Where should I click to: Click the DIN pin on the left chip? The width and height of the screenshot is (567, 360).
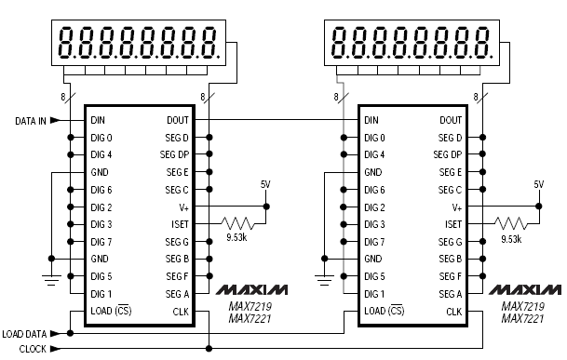click(x=98, y=120)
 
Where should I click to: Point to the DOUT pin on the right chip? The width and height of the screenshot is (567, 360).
click(x=450, y=120)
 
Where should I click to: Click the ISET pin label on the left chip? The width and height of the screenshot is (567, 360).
click(x=181, y=224)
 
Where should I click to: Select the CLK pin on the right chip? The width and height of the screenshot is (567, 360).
click(x=453, y=312)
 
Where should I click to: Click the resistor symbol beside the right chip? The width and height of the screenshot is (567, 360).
click(x=509, y=224)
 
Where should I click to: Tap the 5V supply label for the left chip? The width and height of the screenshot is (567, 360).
click(x=265, y=184)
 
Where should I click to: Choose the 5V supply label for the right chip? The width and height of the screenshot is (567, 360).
click(x=538, y=184)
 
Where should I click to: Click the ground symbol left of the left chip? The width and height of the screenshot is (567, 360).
click(x=49, y=276)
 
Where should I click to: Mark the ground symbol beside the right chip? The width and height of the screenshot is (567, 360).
click(x=323, y=276)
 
